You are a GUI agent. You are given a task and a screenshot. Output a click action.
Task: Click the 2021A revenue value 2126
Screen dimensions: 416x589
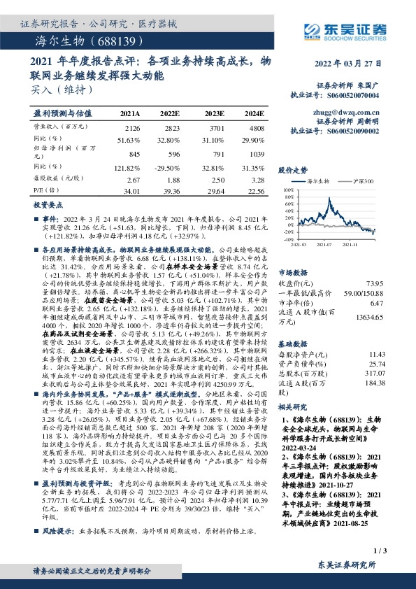coord(131,129)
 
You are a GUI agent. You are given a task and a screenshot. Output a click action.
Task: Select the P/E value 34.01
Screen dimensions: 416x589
coord(131,189)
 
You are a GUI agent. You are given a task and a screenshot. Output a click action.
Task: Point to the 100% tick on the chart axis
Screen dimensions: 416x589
coord(287,189)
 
